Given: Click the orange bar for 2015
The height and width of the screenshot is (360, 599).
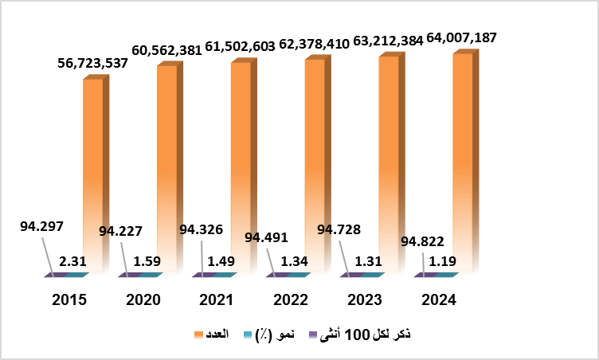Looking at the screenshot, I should tap(93, 175).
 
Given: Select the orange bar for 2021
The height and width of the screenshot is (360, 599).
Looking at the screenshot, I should tap(241, 167).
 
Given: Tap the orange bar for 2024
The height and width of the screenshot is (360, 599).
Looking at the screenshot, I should tap(462, 163).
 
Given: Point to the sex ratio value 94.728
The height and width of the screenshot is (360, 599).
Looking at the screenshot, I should tap(339, 230).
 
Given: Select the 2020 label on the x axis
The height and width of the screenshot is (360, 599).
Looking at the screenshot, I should tap(143, 300).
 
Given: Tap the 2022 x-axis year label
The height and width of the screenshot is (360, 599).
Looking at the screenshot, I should tap(290, 300).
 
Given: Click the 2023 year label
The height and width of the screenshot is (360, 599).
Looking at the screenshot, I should tap(363, 300).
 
